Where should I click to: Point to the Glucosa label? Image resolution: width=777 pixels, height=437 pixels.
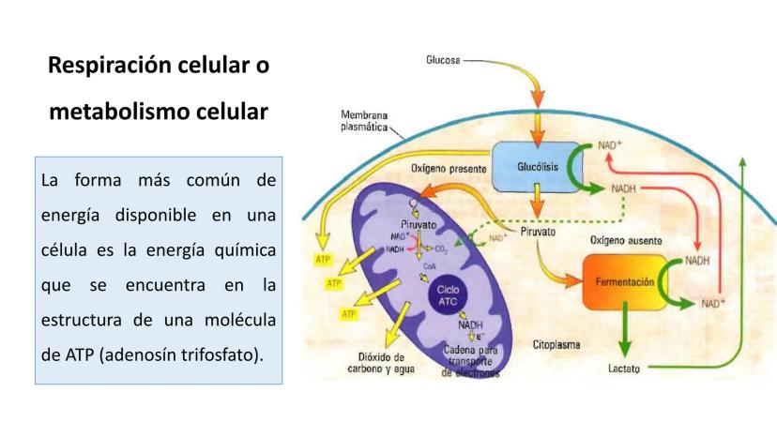click(443, 60)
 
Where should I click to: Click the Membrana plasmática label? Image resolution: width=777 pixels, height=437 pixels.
click(365, 122)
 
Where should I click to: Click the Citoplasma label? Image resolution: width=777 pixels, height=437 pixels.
click(556, 344)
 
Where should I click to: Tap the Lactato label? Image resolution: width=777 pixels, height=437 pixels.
click(624, 369)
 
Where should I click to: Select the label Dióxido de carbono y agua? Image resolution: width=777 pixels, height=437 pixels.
click(382, 363)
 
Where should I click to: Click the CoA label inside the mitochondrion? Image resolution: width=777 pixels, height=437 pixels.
click(429, 265)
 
